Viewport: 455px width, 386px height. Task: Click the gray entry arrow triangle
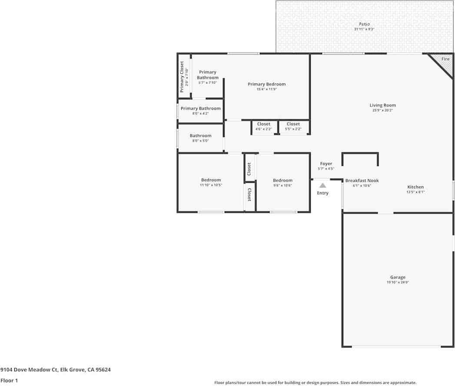point(322,185)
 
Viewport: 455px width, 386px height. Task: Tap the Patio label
point(364,24)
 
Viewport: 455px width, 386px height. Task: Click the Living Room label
point(382,105)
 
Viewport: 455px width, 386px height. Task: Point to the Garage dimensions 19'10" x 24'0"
point(398,282)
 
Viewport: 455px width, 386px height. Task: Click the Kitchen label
point(415,187)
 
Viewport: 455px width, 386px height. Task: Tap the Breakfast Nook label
point(362,181)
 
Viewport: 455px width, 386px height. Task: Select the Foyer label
point(326,164)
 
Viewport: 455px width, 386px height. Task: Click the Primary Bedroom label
point(266,84)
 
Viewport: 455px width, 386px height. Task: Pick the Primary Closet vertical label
point(182,77)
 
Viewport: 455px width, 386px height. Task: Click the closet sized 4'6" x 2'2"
point(263,126)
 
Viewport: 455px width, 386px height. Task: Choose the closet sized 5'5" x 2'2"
point(293,126)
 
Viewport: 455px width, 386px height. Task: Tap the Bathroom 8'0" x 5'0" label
point(200,136)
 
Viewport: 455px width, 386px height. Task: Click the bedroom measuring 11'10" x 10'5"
point(211,182)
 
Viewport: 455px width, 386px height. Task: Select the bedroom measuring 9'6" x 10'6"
point(282,182)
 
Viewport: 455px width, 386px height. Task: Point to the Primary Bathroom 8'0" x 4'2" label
point(200,109)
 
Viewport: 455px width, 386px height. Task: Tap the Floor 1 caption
point(9,381)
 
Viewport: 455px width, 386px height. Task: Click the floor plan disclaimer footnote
point(315,383)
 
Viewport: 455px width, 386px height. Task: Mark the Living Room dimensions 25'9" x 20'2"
point(382,110)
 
